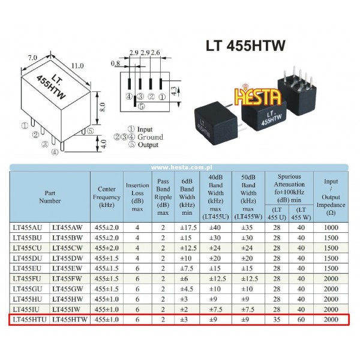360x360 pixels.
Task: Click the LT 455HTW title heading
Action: tap(245, 46)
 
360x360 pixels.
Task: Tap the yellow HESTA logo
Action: tap(258, 96)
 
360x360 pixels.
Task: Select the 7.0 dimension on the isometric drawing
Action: tap(32, 58)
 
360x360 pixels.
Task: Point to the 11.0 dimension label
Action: tap(77, 66)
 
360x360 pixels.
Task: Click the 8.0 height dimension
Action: tap(103, 107)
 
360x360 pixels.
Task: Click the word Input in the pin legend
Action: tap(145, 129)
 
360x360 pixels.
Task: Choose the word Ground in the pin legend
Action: tap(151, 137)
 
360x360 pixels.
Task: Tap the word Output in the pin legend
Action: tap(148, 145)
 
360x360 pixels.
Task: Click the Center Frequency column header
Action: tap(107, 197)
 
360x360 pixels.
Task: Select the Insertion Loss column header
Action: tap(137, 197)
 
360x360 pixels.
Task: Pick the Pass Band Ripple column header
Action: tap(163, 197)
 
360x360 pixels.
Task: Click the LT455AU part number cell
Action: tap(28, 227)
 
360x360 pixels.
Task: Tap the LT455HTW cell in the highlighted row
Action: tap(70, 319)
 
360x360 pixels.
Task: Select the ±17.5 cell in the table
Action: tap(188, 227)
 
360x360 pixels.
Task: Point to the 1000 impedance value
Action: tap(331, 227)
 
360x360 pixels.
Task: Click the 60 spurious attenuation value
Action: tap(301, 319)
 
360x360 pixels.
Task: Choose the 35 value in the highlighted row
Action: tap(277, 319)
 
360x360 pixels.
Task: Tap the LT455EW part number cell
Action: tap(67, 268)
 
